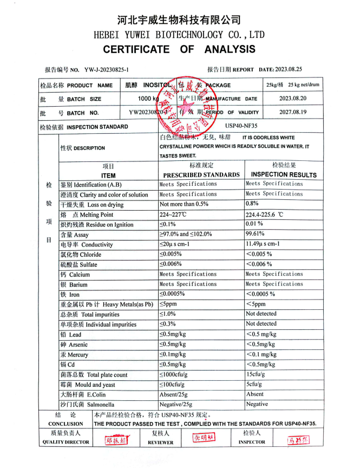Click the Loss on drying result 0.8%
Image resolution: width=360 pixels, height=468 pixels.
pyautogui.click(x=252, y=204)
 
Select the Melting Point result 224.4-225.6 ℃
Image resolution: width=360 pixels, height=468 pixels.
pyautogui.click(x=265, y=214)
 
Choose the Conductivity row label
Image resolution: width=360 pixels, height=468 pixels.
pyautogui.click(x=87, y=245)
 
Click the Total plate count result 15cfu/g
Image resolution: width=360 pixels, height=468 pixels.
pyautogui.click(x=256, y=374)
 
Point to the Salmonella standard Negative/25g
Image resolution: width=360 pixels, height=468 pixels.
pyautogui.click(x=176, y=404)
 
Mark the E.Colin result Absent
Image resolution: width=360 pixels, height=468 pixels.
pyautogui.click(x=255, y=394)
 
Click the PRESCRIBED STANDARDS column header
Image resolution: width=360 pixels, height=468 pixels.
pyautogui.click(x=201, y=175)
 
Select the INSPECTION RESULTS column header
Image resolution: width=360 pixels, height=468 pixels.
pyautogui.click(x=284, y=175)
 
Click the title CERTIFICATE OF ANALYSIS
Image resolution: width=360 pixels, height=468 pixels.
pyautogui.click(x=179, y=49)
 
